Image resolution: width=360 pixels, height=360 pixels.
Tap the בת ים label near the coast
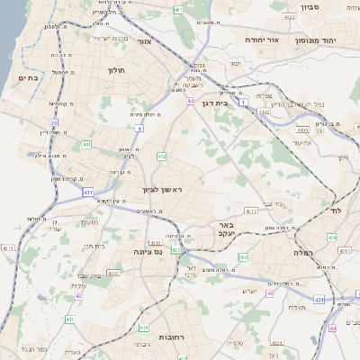coord(27,78)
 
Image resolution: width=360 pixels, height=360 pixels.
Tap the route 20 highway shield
coord(54,122)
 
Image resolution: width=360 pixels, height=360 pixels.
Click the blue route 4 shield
coord(139,129)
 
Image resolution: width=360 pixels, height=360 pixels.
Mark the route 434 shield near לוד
coord(332,237)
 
